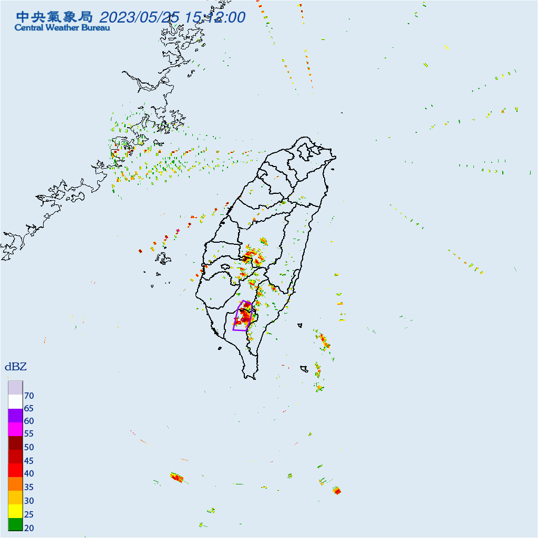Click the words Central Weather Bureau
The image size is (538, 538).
pos(62,28)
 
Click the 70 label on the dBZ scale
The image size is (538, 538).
pos(29,395)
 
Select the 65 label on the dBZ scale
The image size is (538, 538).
pos(29,408)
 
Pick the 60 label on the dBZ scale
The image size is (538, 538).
pos(29,421)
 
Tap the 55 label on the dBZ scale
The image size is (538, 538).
pos(29,434)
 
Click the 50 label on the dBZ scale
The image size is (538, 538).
pos(29,448)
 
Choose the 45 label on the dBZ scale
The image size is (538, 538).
pos(29,461)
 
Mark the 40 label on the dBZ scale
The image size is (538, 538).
pos(29,474)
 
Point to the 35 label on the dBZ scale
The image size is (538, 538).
pos(29,488)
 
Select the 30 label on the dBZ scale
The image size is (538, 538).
pos(29,501)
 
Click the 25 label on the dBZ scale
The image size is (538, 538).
pos(29,514)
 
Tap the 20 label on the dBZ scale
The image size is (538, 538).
pos(29,527)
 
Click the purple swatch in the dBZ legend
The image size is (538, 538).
pos(15,415)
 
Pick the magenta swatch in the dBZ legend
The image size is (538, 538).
pos(15,429)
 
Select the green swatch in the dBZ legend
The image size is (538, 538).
pos(15,524)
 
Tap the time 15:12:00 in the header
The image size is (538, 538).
pos(215,17)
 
